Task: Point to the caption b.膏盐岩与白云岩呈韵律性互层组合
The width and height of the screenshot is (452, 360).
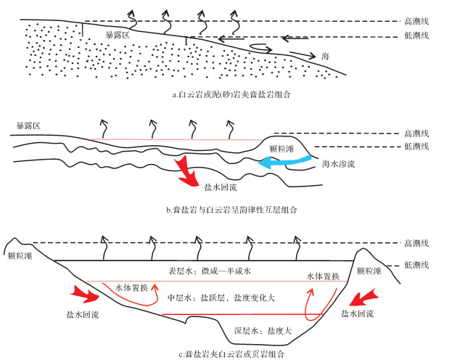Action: [231, 210]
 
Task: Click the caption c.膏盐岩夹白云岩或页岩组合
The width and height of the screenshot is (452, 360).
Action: [231, 353]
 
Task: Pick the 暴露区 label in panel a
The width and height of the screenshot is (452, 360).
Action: [116, 33]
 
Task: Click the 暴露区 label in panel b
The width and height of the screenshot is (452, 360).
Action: [28, 126]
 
